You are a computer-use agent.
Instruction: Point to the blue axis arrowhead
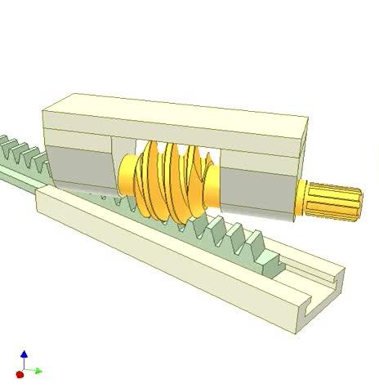pos(24,354)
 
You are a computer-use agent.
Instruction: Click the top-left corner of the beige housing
pos(44,105)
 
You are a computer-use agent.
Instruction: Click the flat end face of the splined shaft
pos(358,204)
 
